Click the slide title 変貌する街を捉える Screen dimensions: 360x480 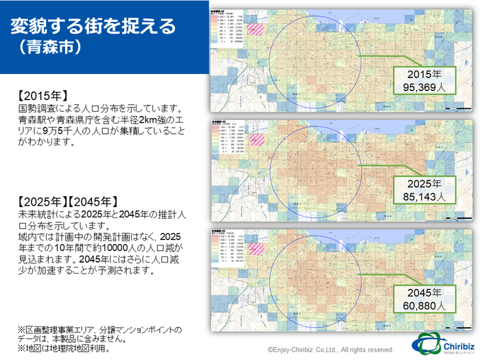coord(93,26)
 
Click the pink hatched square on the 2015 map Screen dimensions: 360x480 coord(256,30)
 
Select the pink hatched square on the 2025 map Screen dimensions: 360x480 coord(256,139)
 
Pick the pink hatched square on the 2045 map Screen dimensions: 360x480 coord(256,248)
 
